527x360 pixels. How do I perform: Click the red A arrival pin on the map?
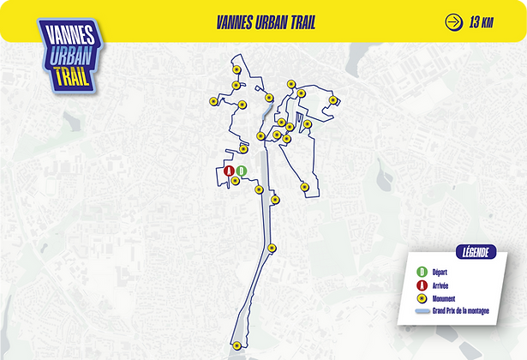coord(229,171)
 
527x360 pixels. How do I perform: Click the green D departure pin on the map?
coord(241,171)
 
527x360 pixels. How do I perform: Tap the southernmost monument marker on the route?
coord(237,345)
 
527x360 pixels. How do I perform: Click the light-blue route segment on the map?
coord(267,112)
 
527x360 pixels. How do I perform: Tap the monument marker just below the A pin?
coord(236,181)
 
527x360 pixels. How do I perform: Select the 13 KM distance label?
coord(481,22)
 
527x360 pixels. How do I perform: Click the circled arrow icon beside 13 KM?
coord(452,22)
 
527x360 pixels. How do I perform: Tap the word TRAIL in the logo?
coord(65,75)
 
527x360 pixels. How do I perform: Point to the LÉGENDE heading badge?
coord(476,252)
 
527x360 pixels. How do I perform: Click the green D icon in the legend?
coord(422,273)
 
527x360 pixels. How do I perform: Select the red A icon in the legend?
coord(422,285)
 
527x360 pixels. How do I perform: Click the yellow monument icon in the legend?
coord(422,298)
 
